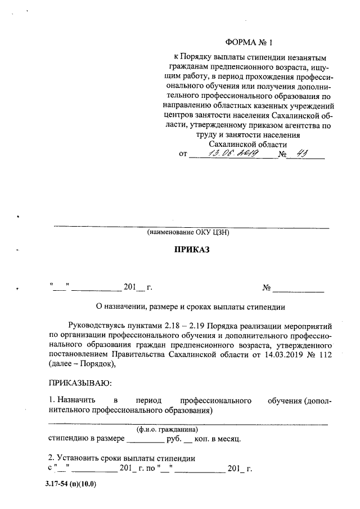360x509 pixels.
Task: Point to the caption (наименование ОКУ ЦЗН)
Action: [x=188, y=232]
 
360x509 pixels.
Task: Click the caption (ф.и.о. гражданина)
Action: [x=170, y=430]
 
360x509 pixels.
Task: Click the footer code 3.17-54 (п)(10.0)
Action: [x=71, y=484]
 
